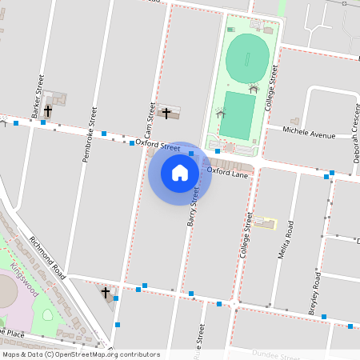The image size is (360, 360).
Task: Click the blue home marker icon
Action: (180, 173)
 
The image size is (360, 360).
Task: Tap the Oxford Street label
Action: (158, 145)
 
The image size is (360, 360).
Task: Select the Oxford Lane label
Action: (228, 171)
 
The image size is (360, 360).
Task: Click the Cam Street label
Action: (149, 121)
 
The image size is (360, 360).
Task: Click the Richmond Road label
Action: (46, 253)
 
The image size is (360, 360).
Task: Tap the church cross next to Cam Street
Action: (166, 113)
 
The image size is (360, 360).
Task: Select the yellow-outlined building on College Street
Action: (265, 222)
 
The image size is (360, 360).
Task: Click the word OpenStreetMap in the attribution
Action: (90, 354)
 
